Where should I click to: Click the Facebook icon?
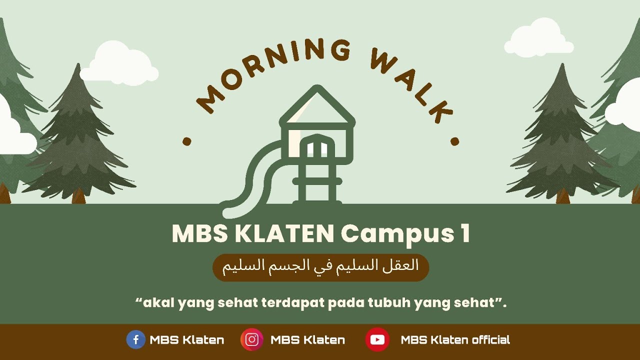pos(135,340)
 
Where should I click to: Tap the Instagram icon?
pos(252,340)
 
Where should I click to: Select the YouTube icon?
pos(377,340)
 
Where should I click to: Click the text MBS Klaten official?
pos(455,340)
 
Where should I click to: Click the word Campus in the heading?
pos(394,234)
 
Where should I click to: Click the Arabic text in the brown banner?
pos(320,266)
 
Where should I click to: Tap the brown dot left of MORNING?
pos(187,141)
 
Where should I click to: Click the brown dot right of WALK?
pos(455,141)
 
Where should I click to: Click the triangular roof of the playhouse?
pos(317,107)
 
